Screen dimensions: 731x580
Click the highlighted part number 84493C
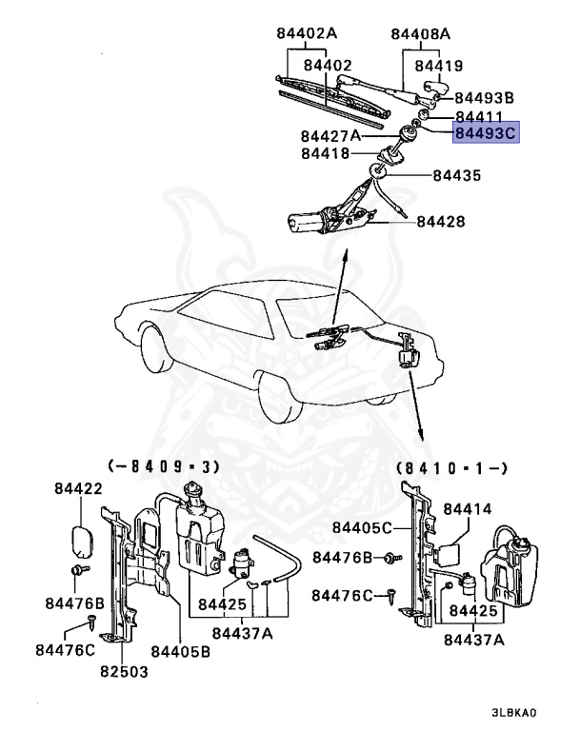click(485, 134)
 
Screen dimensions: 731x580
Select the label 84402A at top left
click(307, 35)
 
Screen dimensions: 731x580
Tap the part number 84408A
click(420, 35)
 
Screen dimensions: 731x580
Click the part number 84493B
click(484, 98)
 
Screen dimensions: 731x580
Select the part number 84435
click(456, 175)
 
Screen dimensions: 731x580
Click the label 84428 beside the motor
click(441, 221)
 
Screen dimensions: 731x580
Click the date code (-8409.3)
click(163, 466)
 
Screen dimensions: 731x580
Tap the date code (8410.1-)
click(451, 467)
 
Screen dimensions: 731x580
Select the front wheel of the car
click(157, 353)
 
